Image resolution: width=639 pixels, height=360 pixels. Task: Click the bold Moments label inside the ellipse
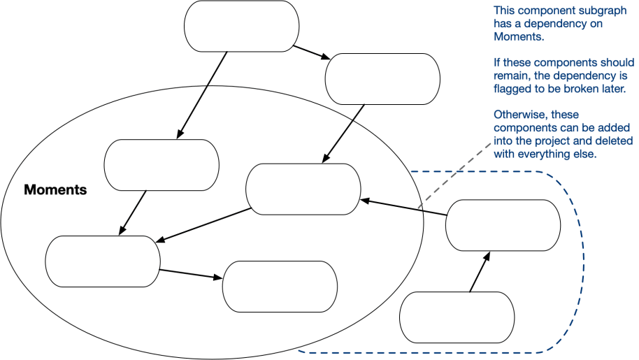(x=55, y=189)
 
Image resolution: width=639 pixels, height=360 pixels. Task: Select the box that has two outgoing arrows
(x=241, y=26)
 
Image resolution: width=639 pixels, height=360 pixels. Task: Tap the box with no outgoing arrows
(x=280, y=286)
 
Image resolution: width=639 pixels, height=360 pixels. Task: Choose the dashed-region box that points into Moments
(x=503, y=224)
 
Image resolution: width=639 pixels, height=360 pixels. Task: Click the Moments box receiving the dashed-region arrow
(x=303, y=189)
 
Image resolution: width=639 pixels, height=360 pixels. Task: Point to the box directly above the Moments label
(x=161, y=165)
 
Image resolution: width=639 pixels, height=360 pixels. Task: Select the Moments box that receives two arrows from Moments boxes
(x=103, y=261)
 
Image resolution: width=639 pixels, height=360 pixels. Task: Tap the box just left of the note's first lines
(x=382, y=79)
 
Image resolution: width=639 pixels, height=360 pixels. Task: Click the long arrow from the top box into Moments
(x=203, y=94)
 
